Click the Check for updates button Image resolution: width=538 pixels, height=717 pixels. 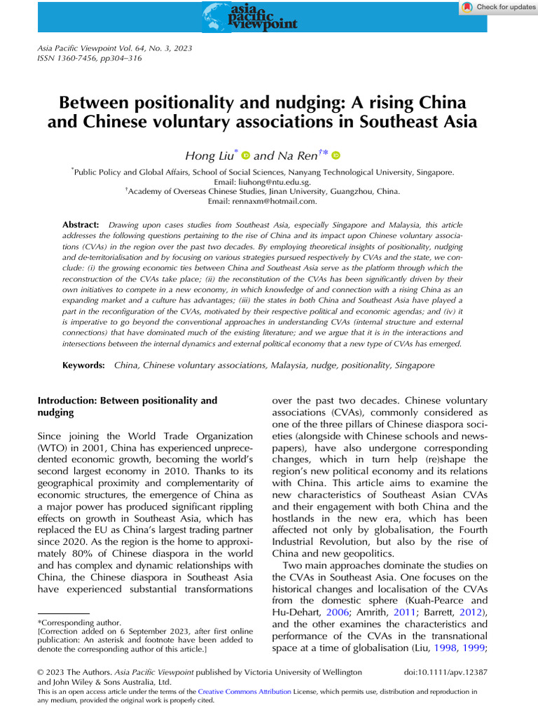498,7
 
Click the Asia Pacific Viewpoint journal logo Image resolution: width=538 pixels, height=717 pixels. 249,16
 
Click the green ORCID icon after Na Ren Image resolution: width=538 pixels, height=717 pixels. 336,155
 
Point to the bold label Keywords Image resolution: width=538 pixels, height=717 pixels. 84,366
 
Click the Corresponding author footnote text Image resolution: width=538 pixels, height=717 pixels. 80,622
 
